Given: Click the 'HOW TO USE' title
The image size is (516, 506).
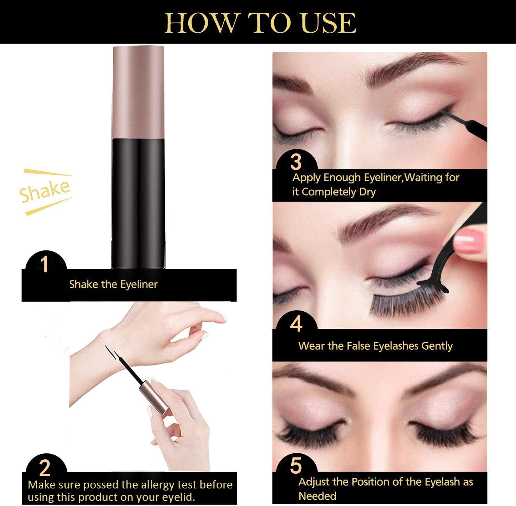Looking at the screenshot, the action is [260, 23].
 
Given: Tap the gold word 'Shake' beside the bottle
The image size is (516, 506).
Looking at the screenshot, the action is [45, 191].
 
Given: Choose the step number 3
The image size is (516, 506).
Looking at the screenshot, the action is [296, 161].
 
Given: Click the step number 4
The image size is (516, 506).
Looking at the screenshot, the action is [296, 324].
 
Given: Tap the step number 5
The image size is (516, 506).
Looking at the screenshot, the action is [296, 466].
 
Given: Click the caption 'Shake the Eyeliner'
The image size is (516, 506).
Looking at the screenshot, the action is [113, 284].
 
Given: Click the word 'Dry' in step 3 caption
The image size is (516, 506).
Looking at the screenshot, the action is [367, 192].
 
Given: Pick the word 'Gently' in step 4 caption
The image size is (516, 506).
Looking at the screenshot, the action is [437, 346].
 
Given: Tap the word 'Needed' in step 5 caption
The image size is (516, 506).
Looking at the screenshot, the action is [317, 496].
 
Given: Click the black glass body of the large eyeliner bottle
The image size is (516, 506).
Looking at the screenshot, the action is [138, 203].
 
